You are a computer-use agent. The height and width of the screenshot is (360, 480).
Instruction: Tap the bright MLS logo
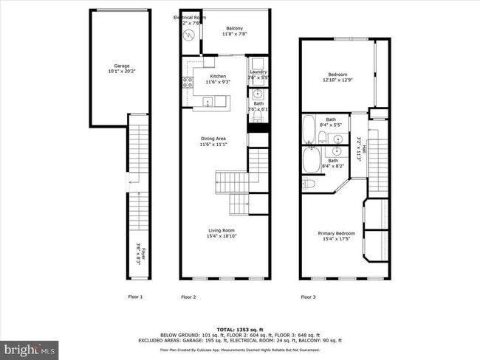pyautogui.click(x=30, y=347)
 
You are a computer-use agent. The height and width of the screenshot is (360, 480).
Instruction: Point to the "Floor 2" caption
pyautogui.click(x=188, y=297)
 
